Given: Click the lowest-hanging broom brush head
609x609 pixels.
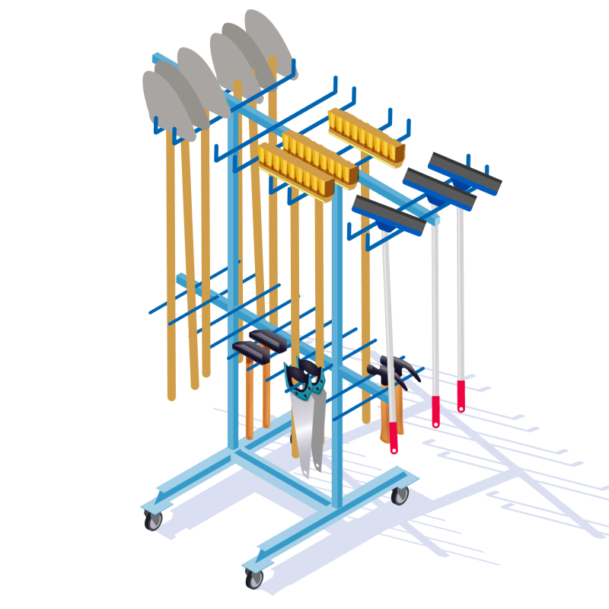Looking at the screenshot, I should click(x=295, y=171).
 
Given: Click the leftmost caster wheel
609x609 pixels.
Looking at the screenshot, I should click(x=154, y=521).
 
